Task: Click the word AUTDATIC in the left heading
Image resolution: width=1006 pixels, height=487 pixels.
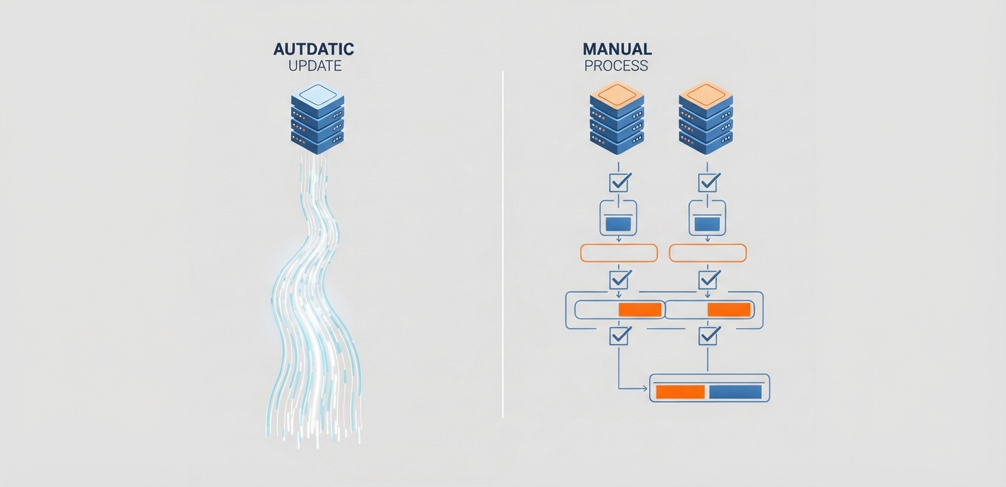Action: coord(314,49)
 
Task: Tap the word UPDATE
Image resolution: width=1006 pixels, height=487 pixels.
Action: coord(315,66)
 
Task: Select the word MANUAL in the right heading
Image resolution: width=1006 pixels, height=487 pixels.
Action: coord(617,49)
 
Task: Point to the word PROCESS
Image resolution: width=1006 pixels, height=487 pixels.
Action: coord(616,66)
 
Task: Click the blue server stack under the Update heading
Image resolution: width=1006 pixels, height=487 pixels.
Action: coord(318,118)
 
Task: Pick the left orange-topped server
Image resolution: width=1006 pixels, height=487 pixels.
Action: coord(617,118)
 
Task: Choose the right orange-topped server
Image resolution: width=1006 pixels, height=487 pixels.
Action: coord(706,118)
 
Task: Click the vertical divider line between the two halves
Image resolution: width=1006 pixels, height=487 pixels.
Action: coord(502,244)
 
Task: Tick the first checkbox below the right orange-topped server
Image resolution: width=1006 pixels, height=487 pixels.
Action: coord(709,182)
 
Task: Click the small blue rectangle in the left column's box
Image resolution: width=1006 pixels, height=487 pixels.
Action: coord(619,224)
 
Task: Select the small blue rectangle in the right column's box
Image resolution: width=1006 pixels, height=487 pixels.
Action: coord(708,224)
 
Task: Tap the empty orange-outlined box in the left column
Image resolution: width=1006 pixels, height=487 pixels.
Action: coord(619,244)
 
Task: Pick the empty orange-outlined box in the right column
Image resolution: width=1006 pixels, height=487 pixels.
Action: coord(708,244)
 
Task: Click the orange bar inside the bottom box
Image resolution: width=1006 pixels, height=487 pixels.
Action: coord(680,392)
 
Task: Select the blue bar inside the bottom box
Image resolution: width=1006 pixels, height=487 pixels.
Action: coord(735,392)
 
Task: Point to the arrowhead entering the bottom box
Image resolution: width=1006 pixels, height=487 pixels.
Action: coord(647,388)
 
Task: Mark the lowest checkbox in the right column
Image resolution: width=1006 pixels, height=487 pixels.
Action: coord(709,335)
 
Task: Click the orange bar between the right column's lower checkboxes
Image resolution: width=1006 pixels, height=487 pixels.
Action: coord(729,310)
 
